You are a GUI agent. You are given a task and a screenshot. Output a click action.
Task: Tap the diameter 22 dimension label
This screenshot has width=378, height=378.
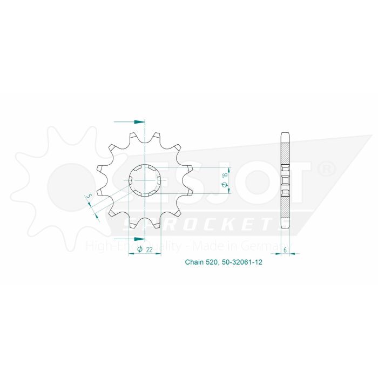147,249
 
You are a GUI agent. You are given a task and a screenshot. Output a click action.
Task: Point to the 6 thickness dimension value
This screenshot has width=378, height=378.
285,250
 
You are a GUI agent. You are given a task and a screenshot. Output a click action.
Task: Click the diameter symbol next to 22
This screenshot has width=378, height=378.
139,249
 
